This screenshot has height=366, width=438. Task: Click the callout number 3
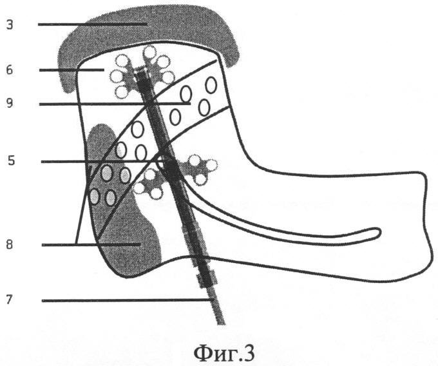coord(10,25)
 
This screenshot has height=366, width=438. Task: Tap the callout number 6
coord(10,70)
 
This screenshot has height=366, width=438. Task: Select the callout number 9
coord(10,104)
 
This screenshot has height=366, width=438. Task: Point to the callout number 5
coord(11,161)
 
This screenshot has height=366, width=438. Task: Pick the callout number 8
coord(10,245)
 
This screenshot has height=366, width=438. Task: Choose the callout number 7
coord(10,300)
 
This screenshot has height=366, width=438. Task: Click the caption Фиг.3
coord(224,353)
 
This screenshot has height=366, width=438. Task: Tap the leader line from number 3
coord(93,24)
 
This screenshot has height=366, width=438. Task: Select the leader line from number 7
coord(128,301)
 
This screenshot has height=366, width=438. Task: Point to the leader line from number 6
coord(71,70)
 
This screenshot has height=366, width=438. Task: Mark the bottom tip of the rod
coord(221,324)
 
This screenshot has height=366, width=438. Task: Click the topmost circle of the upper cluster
coord(150,52)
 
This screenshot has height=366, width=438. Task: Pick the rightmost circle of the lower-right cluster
coord(211,165)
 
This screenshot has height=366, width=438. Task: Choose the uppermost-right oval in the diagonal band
coord(211,85)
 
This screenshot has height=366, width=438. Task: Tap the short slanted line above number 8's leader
coord(82,205)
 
